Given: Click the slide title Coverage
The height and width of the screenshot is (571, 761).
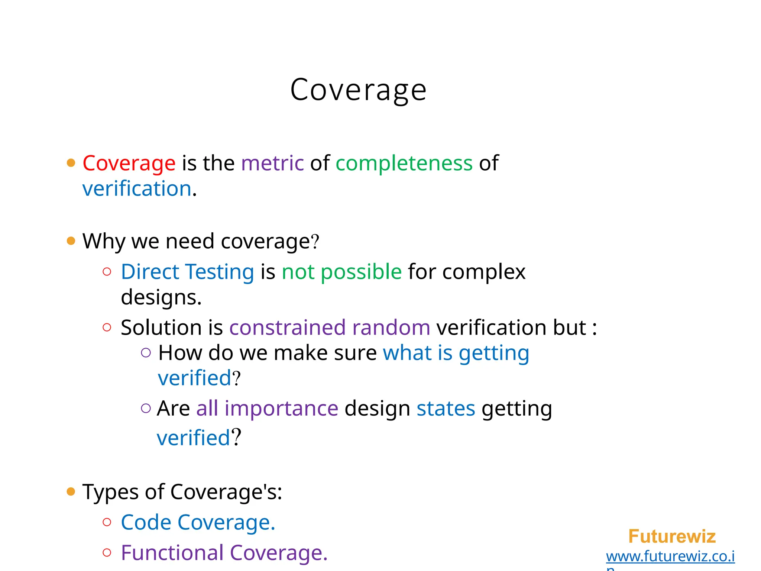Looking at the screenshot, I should click(x=358, y=90).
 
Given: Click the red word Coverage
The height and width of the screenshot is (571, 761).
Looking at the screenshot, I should click(x=129, y=163).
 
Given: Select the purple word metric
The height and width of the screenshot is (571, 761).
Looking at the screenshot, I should click(x=272, y=163).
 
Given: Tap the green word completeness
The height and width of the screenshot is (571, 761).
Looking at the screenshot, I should click(x=404, y=163).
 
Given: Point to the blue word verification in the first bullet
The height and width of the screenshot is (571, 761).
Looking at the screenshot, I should click(x=137, y=188).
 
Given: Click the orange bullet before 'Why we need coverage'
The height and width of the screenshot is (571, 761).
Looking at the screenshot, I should click(x=71, y=241).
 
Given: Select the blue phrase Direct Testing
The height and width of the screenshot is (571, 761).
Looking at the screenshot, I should click(x=187, y=272).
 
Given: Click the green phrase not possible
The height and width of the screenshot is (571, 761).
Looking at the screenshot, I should click(x=341, y=272).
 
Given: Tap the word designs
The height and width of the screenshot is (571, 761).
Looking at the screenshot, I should click(x=161, y=297).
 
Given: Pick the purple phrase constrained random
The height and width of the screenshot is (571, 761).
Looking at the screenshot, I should click(x=330, y=328).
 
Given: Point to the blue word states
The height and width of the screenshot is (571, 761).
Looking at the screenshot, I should click(x=446, y=409).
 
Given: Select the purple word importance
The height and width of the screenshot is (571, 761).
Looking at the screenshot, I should click(x=281, y=409).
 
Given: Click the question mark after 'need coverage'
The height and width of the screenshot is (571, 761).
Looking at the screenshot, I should click(x=315, y=242).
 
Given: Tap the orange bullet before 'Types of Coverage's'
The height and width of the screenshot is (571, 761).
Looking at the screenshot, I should click(x=71, y=492).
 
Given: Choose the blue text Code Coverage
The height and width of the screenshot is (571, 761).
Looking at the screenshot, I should click(x=198, y=522).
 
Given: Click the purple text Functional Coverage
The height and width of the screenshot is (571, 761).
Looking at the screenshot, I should click(x=224, y=553).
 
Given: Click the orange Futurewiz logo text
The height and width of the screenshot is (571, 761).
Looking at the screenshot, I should click(x=672, y=536).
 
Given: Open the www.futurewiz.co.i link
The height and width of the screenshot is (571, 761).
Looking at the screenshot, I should click(x=670, y=557).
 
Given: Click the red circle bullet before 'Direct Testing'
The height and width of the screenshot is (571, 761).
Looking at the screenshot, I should click(x=107, y=272).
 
